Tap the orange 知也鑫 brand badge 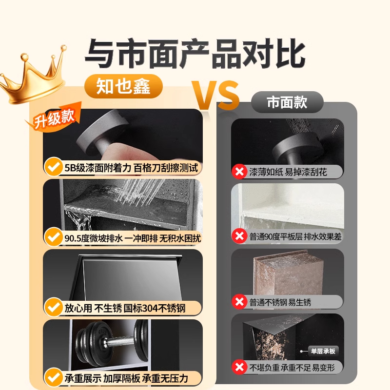(x=117, y=87)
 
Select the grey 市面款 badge (x=287, y=102)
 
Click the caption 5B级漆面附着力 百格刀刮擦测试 (x=131, y=168)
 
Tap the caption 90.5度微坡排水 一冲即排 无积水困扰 (x=131, y=238)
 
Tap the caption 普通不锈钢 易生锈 (x=280, y=302)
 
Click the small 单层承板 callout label (x=323, y=351)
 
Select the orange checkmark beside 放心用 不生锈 (x=52, y=308)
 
